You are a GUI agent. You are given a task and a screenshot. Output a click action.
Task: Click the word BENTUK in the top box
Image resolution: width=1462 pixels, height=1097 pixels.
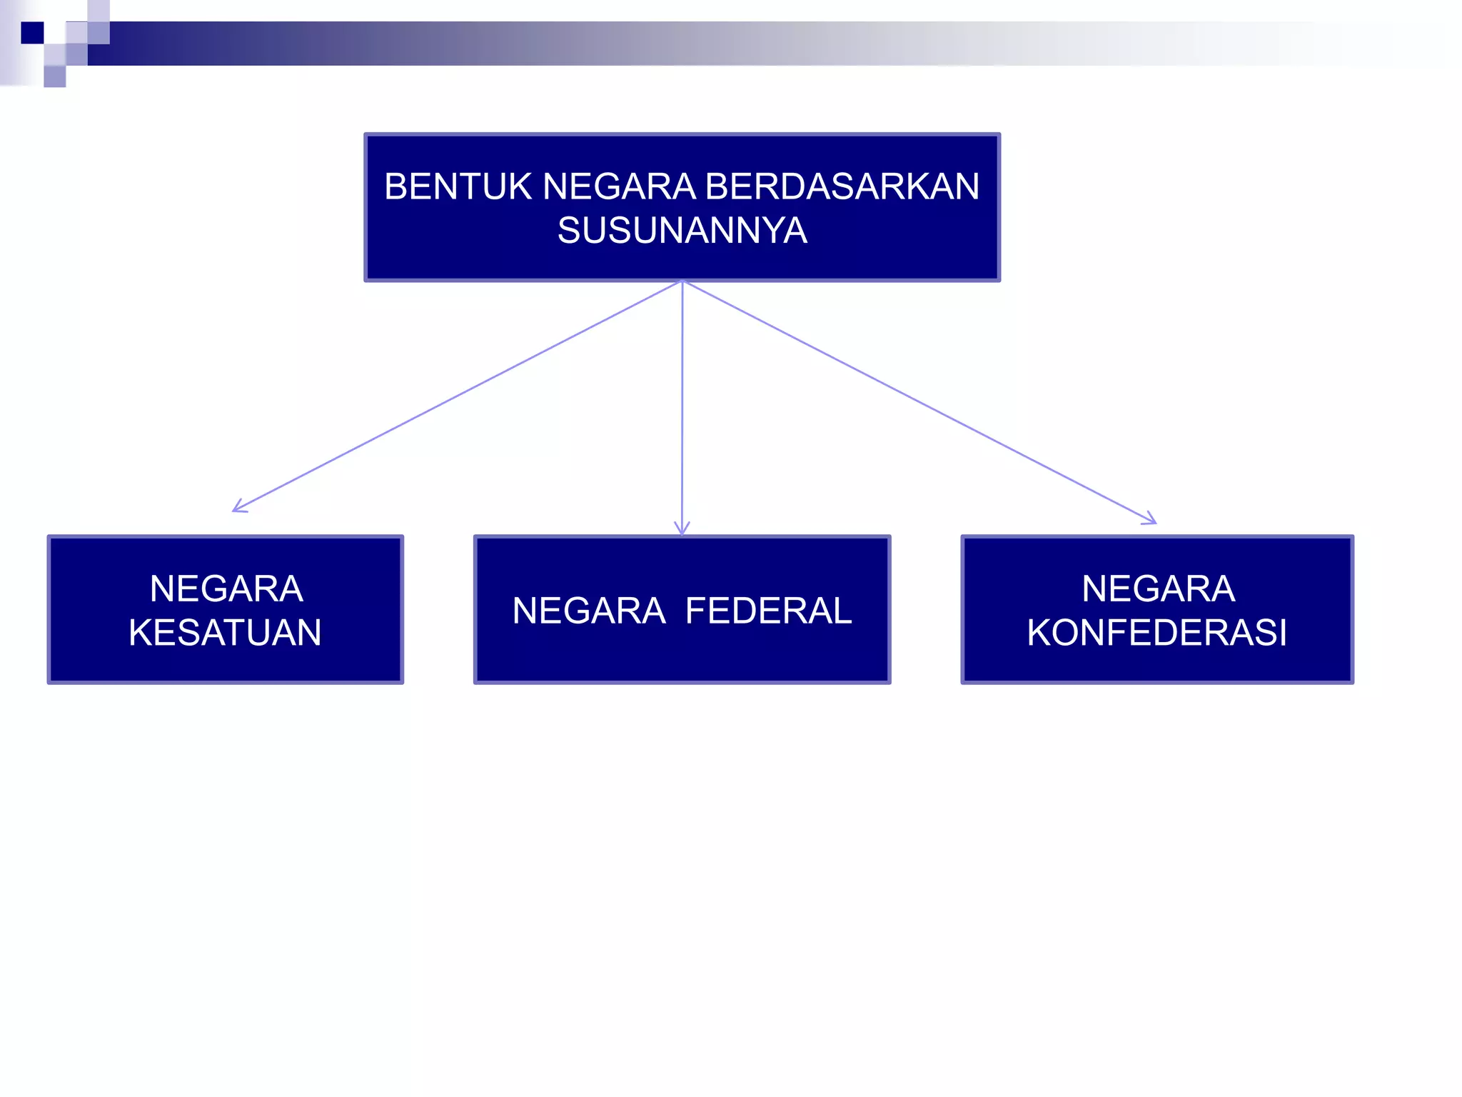(x=458, y=187)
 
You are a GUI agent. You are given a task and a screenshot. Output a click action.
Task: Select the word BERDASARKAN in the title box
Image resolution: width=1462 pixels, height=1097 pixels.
(x=842, y=187)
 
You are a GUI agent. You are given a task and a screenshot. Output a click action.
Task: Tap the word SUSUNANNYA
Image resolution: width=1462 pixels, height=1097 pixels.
(x=682, y=231)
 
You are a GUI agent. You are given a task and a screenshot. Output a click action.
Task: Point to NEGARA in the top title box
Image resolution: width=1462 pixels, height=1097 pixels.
(x=619, y=187)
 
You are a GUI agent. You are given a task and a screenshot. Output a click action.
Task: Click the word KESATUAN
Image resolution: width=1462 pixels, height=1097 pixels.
(x=226, y=633)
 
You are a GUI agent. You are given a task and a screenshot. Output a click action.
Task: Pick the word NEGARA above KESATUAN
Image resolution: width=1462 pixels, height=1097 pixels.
(x=226, y=589)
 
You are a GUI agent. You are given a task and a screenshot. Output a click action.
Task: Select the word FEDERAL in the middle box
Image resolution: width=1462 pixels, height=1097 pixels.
(x=768, y=611)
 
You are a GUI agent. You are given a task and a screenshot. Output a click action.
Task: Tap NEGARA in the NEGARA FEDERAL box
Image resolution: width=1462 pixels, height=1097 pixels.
(x=589, y=611)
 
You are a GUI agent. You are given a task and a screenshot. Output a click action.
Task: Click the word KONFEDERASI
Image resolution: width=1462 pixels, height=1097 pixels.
(x=1157, y=633)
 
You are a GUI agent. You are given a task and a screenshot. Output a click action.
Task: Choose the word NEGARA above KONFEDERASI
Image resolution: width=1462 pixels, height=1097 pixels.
(x=1158, y=589)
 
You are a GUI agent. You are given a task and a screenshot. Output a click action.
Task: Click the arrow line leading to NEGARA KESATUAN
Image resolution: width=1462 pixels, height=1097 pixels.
(x=457, y=396)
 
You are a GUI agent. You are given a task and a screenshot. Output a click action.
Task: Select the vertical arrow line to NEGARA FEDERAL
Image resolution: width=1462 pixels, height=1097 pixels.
(x=682, y=407)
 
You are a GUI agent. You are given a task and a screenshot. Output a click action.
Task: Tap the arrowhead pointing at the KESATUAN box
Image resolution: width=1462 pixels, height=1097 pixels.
(x=238, y=508)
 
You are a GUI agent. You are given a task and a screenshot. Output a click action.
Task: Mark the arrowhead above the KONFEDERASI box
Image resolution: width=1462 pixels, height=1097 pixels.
(x=1151, y=520)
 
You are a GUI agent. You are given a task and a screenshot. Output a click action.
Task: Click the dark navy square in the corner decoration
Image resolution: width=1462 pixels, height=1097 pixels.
(x=32, y=33)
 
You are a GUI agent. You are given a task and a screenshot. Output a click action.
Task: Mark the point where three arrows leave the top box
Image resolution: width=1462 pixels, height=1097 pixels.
(x=682, y=281)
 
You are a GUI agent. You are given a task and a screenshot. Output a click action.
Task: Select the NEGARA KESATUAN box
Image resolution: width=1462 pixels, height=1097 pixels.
(x=226, y=609)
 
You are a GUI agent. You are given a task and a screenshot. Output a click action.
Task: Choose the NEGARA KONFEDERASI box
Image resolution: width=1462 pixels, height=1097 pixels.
(x=1157, y=609)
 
